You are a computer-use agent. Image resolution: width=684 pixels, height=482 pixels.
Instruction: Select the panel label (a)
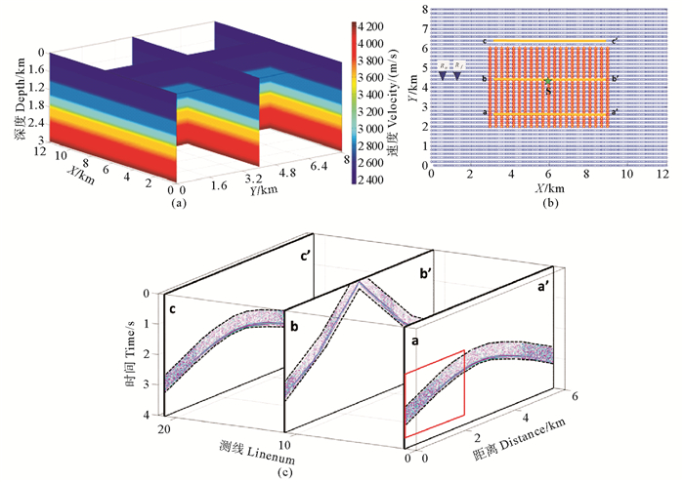[x=178, y=205]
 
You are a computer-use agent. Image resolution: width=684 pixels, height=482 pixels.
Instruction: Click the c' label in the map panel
[x=615, y=41]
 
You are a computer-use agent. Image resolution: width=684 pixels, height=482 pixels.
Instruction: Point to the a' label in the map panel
[x=615, y=113]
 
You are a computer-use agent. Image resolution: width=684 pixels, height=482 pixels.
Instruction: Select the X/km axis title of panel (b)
[x=546, y=186]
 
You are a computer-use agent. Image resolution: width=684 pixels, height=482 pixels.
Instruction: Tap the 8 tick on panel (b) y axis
[x=423, y=8]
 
